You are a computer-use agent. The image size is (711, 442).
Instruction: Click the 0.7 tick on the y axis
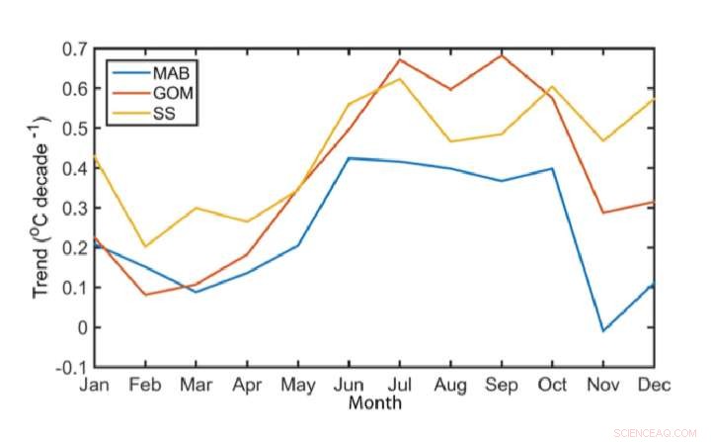click(x=74, y=48)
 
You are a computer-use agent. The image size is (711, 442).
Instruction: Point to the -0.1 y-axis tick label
click(x=72, y=368)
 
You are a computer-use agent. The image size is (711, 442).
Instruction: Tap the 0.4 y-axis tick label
click(x=74, y=168)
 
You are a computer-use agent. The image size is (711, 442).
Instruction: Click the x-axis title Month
click(x=374, y=402)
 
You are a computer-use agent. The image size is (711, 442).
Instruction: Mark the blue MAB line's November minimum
click(x=602, y=330)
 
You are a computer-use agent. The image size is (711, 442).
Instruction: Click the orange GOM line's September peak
click(x=502, y=54)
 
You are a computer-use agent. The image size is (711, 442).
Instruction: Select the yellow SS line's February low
click(x=145, y=246)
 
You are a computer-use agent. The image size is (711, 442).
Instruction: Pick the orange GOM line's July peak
click(x=399, y=59)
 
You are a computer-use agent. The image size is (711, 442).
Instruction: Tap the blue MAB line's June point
click(x=349, y=158)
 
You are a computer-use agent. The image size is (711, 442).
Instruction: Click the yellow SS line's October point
click(x=552, y=86)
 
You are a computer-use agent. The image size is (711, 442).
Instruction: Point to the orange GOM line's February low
click(x=145, y=295)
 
